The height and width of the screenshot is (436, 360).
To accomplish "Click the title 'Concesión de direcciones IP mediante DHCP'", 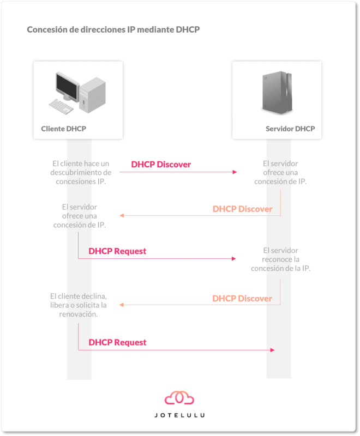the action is (x=113, y=29).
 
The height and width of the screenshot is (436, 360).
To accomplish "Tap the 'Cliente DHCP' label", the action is (x=64, y=129).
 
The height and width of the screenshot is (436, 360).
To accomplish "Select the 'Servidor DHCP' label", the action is (x=290, y=129).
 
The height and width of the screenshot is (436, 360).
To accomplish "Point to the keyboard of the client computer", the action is (x=61, y=106).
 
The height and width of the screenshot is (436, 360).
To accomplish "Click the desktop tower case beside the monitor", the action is (x=92, y=95).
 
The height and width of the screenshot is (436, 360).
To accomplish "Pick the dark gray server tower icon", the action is (x=277, y=93).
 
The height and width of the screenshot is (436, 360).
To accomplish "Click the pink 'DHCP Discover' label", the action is (x=161, y=165).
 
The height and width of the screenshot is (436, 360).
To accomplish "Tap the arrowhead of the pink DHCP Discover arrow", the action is (x=235, y=172).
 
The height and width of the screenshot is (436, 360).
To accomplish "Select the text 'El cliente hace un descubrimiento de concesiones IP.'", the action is (x=81, y=172).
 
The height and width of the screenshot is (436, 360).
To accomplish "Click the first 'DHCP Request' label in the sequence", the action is (x=117, y=251).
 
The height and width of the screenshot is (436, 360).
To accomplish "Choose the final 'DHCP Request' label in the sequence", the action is (x=117, y=342).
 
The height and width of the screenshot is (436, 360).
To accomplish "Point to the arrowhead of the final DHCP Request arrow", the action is (x=272, y=350).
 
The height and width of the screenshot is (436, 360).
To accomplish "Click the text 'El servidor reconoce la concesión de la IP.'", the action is (x=281, y=259).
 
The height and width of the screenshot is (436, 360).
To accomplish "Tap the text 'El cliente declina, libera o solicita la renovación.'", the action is (x=79, y=305).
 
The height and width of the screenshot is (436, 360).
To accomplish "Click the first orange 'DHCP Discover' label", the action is (x=242, y=209).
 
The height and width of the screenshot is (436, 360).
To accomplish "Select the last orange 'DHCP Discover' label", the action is (x=242, y=298).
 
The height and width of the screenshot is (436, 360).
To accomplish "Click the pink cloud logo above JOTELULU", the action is (x=179, y=398).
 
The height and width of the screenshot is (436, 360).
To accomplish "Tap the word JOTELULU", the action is (x=179, y=415).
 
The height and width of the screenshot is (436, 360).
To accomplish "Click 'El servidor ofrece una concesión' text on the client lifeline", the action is (x=80, y=216).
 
